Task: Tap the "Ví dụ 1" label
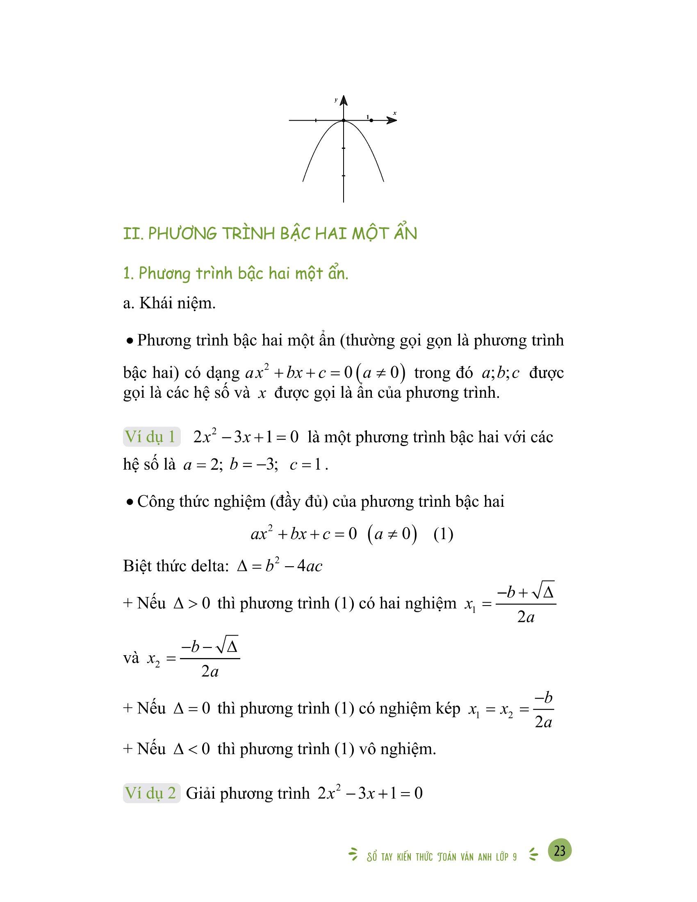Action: click(x=152, y=437)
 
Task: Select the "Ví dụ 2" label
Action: click(x=152, y=793)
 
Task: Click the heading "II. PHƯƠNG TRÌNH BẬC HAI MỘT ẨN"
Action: click(x=270, y=234)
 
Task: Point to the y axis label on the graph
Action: click(x=336, y=100)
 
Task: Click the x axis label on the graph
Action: click(x=395, y=113)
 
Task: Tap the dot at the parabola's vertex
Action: click(x=344, y=121)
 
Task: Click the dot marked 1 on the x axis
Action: click(x=371, y=120)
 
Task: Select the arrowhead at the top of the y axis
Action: click(x=344, y=100)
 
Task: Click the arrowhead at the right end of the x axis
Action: click(x=392, y=120)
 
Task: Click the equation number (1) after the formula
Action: click(x=444, y=534)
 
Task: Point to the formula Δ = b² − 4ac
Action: click(x=280, y=566)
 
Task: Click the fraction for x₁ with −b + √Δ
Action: click(x=525, y=605)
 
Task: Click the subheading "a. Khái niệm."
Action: click(x=169, y=303)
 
